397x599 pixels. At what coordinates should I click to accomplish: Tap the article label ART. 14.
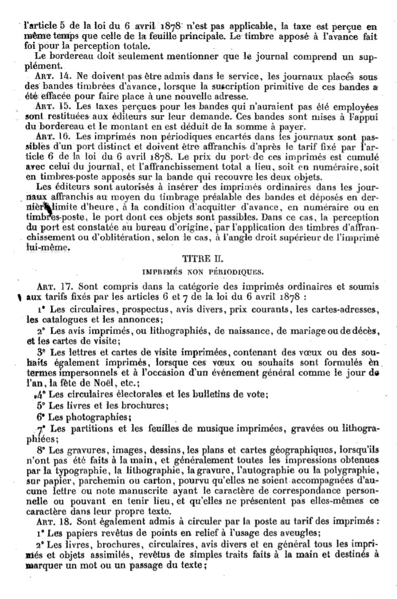tap(53, 77)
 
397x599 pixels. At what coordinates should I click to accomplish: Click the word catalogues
tap(54, 320)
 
